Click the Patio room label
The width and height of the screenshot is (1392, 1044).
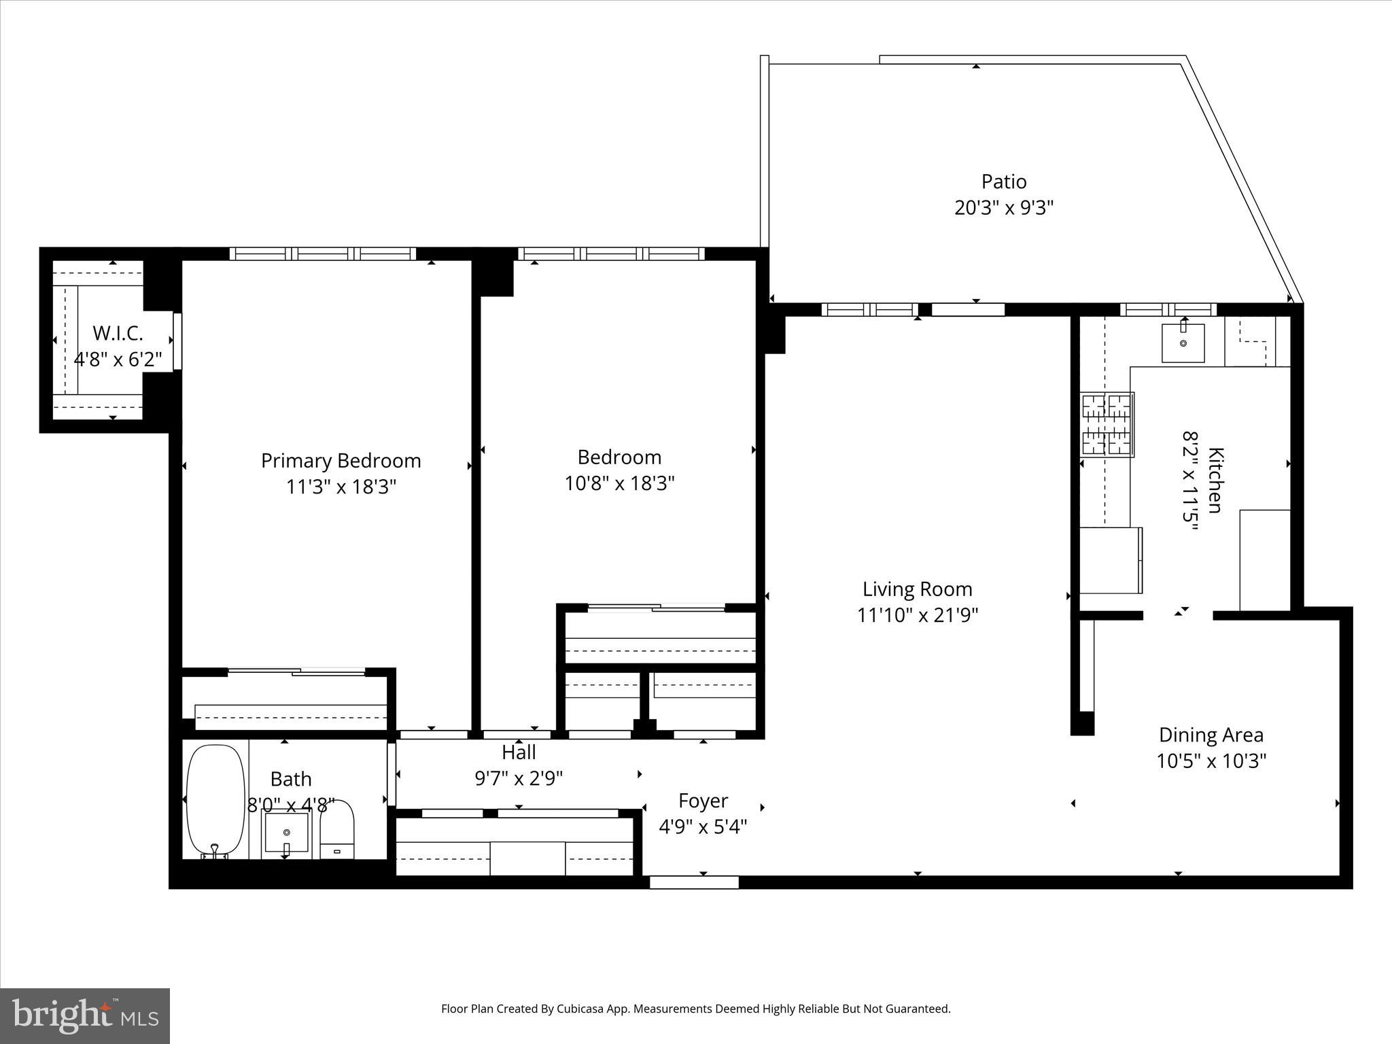[x=1003, y=181]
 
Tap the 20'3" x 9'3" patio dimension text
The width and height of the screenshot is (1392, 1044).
[x=1003, y=207]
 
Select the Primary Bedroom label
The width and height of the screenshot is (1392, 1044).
[x=341, y=461]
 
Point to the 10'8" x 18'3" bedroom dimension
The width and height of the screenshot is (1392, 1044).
[x=619, y=483]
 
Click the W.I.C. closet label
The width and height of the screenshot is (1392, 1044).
[x=118, y=333]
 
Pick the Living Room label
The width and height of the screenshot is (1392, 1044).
[x=917, y=589]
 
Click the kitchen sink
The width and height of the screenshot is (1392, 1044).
[x=1183, y=343]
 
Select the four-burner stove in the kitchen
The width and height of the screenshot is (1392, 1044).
[x=1107, y=425]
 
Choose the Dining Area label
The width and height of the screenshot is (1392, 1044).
[x=1211, y=735]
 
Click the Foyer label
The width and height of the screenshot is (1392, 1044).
[x=703, y=801]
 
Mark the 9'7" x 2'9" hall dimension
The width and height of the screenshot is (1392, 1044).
[x=519, y=778]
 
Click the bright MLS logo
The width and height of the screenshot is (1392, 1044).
[x=85, y=1016]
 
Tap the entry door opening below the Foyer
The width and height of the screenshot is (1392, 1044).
[x=694, y=882]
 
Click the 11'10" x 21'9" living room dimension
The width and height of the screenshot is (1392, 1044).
[x=917, y=615]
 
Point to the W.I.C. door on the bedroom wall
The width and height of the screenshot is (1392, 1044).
[x=177, y=341]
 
